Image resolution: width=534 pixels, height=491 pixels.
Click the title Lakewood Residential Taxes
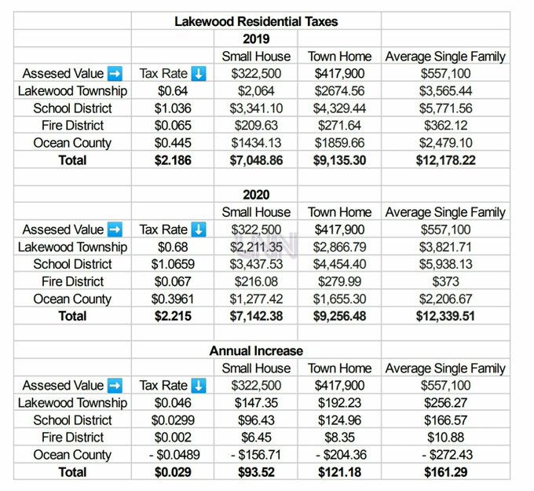point(256,21)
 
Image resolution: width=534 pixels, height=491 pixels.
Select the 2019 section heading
point(256,38)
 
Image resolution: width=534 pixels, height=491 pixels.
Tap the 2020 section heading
point(256,194)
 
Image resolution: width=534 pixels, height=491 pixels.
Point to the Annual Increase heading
point(256,350)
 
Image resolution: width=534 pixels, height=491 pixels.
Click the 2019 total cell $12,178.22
point(445,160)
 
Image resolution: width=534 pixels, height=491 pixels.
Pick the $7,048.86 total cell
point(256,160)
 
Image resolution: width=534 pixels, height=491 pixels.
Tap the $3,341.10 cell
point(256,108)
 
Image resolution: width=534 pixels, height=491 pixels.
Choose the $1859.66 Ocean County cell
point(339,143)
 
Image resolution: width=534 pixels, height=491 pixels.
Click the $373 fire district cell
point(445,281)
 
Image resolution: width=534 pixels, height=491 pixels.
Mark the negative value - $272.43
point(445,455)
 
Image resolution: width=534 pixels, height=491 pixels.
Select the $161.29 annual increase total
point(445,472)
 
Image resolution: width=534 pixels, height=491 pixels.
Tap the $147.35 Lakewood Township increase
point(256,403)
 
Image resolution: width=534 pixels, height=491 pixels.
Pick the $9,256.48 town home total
point(339,316)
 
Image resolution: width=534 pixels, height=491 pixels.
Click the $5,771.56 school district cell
point(445,108)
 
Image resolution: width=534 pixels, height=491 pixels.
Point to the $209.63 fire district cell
point(256,126)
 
